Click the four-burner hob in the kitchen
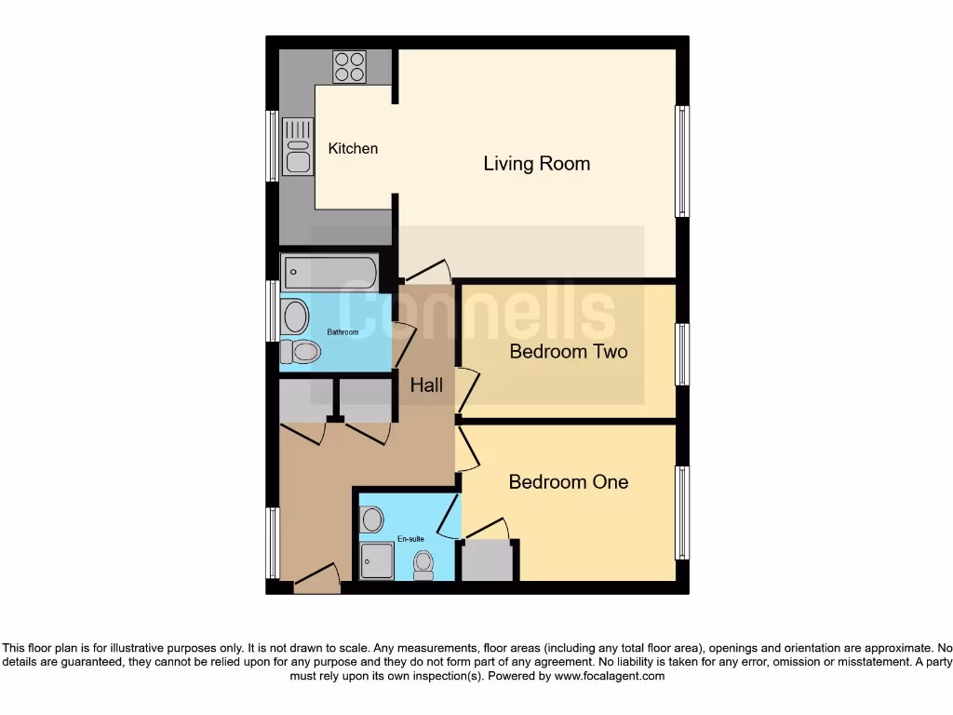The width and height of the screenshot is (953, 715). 350,67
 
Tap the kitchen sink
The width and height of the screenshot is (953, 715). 298,149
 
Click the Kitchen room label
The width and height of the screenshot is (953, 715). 353,148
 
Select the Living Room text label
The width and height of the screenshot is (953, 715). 536,164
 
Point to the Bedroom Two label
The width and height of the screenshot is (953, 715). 568,351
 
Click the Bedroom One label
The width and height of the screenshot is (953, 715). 568,481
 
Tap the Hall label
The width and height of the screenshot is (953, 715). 426,384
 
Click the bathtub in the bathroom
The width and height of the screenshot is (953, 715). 330,274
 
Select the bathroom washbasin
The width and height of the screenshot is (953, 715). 295,317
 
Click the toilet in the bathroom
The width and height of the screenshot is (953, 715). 301,352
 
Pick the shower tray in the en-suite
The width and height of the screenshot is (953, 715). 377,561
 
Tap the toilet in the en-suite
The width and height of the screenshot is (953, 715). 424,564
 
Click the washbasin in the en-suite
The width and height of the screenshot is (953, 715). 372,519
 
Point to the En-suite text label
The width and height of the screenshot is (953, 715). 410,538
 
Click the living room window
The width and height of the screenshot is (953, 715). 682,162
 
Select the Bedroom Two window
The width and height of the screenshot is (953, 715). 682,354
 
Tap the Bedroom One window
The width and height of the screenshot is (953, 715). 682,513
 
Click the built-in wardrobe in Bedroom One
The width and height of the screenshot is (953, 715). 488,560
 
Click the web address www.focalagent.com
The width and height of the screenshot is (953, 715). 610,676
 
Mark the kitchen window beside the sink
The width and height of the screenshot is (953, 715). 273,146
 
